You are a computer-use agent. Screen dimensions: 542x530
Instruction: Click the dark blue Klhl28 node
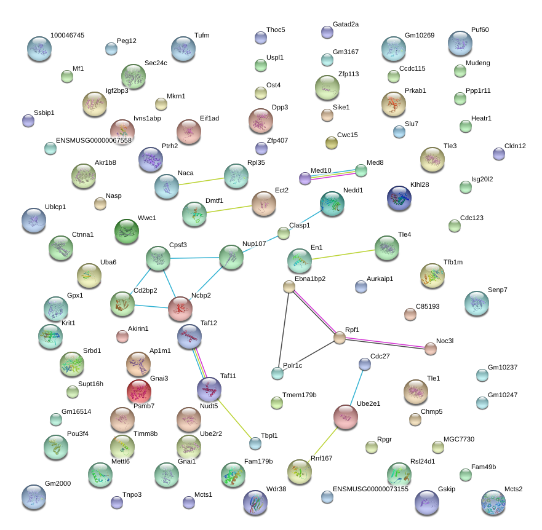click(x=399, y=198)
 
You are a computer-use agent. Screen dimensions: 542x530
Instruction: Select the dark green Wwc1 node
click(x=127, y=231)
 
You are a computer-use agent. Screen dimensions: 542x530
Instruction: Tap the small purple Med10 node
click(x=305, y=178)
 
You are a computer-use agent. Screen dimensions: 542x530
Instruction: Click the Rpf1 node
click(x=340, y=338)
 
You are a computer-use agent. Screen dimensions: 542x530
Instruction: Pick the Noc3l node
click(x=431, y=349)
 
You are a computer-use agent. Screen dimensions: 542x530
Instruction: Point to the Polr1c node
click(x=277, y=373)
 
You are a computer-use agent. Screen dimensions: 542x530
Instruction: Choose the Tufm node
click(x=183, y=49)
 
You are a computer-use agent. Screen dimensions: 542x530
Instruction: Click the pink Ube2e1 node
click(x=346, y=417)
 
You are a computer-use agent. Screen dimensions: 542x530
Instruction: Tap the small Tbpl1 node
click(x=255, y=443)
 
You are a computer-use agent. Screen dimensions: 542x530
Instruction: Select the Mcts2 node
click(x=493, y=502)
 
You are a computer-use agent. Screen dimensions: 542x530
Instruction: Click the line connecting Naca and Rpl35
click(x=202, y=181)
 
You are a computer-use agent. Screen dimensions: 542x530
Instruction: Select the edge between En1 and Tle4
click(x=343, y=255)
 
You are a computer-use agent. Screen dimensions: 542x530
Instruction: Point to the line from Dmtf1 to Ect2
click(x=229, y=209)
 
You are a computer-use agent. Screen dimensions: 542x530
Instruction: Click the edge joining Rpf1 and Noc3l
click(x=385, y=343)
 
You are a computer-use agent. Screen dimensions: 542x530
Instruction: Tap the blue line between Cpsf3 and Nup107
click(x=194, y=258)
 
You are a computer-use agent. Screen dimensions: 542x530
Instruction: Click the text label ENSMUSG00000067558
click(x=94, y=140)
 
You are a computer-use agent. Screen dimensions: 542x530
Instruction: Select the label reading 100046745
click(x=68, y=35)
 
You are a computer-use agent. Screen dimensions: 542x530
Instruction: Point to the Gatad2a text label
click(x=346, y=24)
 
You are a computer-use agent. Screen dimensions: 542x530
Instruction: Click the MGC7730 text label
click(x=459, y=439)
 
